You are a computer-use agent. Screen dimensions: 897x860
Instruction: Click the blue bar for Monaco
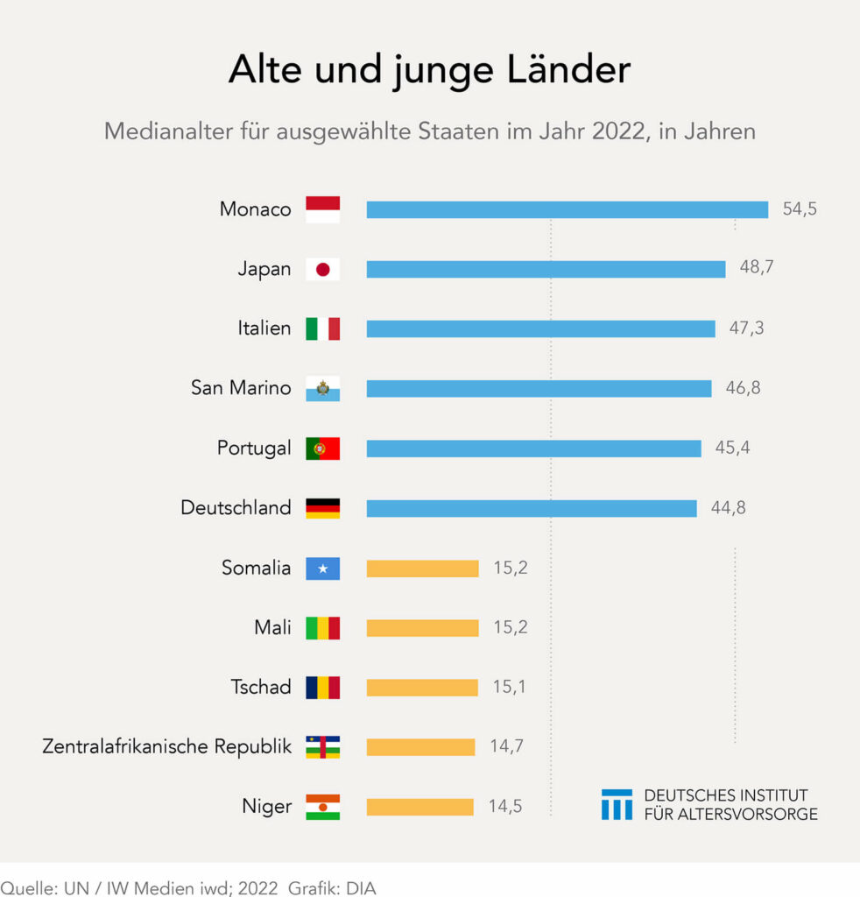(567, 209)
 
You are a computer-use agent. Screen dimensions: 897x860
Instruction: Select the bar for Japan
(546, 269)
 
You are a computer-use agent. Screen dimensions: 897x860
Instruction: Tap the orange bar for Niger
(419, 807)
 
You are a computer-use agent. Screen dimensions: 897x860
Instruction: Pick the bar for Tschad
(422, 688)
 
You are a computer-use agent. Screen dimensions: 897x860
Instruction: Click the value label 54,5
(800, 209)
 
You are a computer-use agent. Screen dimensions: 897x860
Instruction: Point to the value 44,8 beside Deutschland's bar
(729, 508)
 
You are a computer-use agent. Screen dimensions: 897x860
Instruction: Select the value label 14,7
(506, 747)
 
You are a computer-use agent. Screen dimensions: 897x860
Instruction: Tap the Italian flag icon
(322, 328)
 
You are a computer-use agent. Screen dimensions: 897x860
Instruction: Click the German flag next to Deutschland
(322, 508)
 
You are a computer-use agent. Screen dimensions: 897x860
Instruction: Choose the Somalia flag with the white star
(322, 569)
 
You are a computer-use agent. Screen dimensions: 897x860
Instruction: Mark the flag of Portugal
(322, 448)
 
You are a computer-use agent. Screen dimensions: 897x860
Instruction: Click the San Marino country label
(241, 388)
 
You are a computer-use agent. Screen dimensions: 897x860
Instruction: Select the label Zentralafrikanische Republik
(166, 747)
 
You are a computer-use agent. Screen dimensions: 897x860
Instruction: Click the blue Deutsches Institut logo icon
(617, 804)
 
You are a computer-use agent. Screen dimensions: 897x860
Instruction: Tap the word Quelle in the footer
(26, 887)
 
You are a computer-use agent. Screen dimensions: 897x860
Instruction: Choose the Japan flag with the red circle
(322, 269)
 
